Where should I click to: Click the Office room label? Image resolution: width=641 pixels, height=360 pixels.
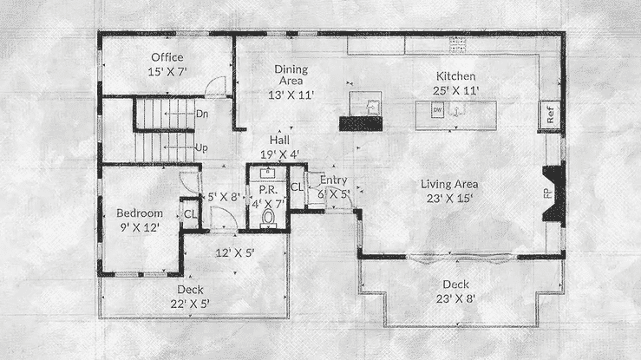pyautogui.click(x=167, y=57)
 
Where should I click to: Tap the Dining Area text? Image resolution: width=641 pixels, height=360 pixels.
pyautogui.click(x=291, y=75)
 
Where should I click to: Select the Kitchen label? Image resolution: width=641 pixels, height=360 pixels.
pyautogui.click(x=456, y=76)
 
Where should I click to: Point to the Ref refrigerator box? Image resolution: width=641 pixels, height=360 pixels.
pyautogui.click(x=549, y=115)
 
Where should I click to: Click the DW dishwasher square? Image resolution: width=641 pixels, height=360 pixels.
pyautogui.click(x=438, y=110)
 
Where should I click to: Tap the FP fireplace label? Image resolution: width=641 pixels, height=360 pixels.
pyautogui.click(x=547, y=193)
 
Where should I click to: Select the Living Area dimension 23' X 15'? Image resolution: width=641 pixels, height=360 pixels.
pyautogui.click(x=449, y=199)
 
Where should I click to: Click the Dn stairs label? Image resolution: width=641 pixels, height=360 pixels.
pyautogui.click(x=202, y=114)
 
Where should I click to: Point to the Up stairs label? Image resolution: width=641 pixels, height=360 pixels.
pyautogui.click(x=201, y=148)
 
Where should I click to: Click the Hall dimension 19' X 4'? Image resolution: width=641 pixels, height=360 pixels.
pyautogui.click(x=280, y=154)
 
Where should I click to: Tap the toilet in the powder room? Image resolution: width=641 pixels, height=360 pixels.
pyautogui.click(x=268, y=218)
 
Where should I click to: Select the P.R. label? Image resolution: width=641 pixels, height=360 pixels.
pyautogui.click(x=268, y=190)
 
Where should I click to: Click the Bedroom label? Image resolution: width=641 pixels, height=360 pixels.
pyautogui.click(x=140, y=213)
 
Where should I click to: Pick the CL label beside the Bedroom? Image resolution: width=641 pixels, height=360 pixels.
pyautogui.click(x=191, y=214)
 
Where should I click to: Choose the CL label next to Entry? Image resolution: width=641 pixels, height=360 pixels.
pyautogui.click(x=297, y=187)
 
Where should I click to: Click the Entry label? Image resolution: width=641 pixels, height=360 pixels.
pyautogui.click(x=334, y=180)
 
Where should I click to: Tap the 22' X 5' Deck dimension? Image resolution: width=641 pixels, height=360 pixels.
pyautogui.click(x=190, y=304)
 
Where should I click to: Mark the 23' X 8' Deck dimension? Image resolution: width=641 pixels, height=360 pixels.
pyautogui.click(x=455, y=298)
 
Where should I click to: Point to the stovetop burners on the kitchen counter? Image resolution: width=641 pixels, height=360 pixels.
pyautogui.click(x=458, y=45)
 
